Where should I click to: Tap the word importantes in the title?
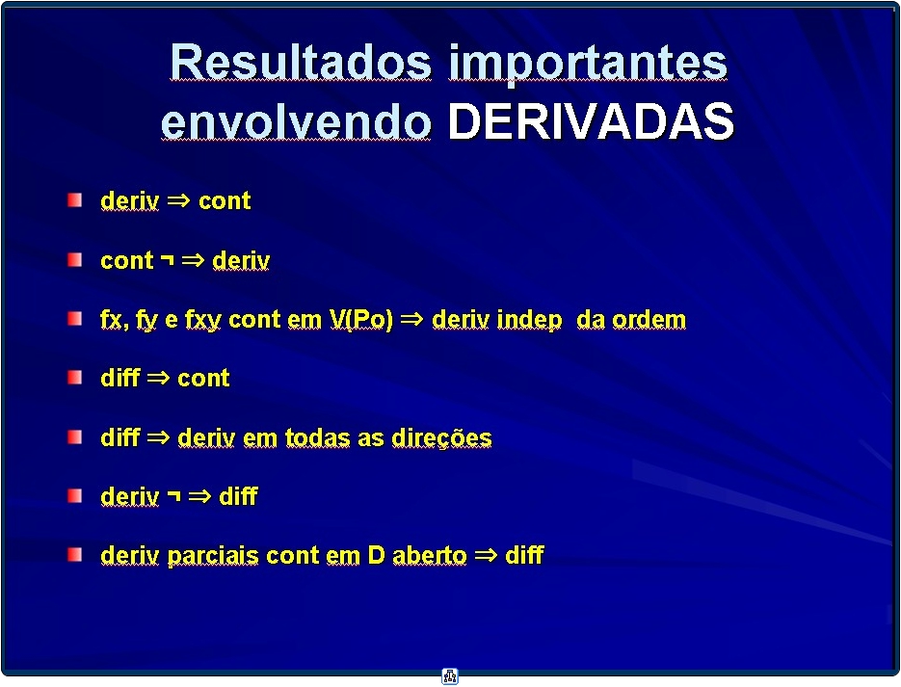pyautogui.click(x=588, y=66)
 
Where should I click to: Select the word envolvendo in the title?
pyautogui.click(x=296, y=121)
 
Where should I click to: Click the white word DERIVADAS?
pyautogui.click(x=591, y=121)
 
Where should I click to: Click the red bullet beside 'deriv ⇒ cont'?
pyautogui.click(x=75, y=199)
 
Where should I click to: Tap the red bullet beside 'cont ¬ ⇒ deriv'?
pyautogui.click(x=75, y=259)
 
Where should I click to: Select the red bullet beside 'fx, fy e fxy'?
pyautogui.click(x=75, y=319)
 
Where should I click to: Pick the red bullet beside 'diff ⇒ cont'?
pyautogui.click(x=75, y=378)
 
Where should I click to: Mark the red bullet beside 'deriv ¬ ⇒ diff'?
pyautogui.click(x=75, y=495)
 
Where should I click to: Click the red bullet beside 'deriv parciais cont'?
pyautogui.click(x=75, y=554)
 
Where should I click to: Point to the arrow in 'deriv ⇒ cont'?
pyautogui.click(x=178, y=200)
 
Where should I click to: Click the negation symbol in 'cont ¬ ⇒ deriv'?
pyautogui.click(x=168, y=259)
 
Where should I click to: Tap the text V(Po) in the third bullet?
pyautogui.click(x=360, y=320)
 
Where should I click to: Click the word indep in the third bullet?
pyautogui.click(x=529, y=320)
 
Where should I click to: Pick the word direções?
pyautogui.click(x=441, y=438)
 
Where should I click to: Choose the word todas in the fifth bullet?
pyautogui.click(x=317, y=437)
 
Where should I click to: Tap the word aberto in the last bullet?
pyautogui.click(x=429, y=555)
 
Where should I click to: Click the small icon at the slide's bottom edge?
pyautogui.click(x=450, y=676)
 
